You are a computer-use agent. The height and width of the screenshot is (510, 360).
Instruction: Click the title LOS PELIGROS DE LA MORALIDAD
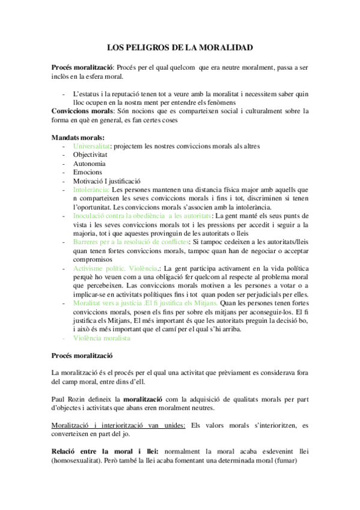(x=180, y=47)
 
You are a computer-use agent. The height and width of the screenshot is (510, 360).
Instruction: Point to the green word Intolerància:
(x=92, y=189)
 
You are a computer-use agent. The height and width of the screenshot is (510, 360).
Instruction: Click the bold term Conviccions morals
(x=82, y=111)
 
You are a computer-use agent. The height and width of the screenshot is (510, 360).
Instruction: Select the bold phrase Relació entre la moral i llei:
(x=105, y=450)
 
